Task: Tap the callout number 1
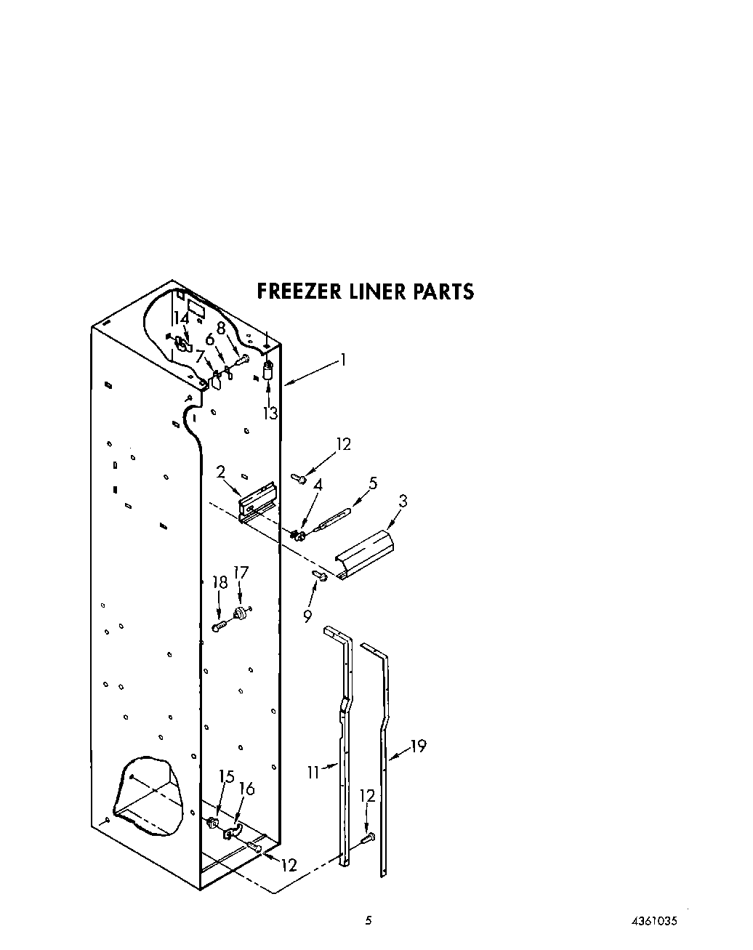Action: pos(343,359)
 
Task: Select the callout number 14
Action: pos(181,318)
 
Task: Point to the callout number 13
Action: pos(270,414)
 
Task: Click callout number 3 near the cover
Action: pos(403,501)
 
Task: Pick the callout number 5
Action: pos(373,483)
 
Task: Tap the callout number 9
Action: pos(307,616)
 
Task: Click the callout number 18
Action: pos(220,582)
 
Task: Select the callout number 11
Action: pos(313,773)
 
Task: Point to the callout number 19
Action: pos(418,745)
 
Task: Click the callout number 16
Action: pos(247,789)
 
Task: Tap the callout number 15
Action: pos(227,777)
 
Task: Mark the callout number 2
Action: pos(220,472)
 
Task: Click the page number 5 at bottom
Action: pos(369,920)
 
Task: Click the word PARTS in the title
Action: pos(443,291)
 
